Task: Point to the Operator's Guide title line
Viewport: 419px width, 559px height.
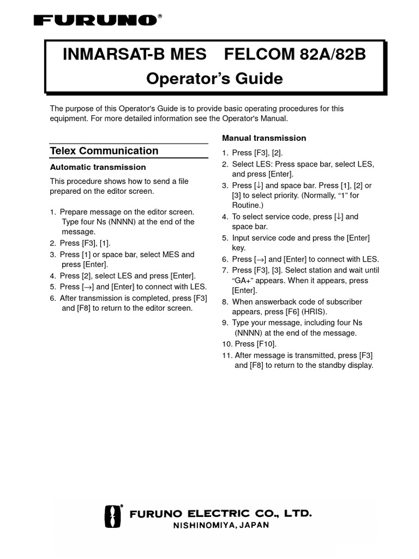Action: [x=214, y=79]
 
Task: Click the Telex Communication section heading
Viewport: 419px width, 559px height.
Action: [x=104, y=151]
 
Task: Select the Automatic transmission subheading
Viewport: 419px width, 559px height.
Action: [x=98, y=167]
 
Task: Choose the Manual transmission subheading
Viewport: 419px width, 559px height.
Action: [x=264, y=138]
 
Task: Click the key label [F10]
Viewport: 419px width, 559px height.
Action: [x=266, y=344]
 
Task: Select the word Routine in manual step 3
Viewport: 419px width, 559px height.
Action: [x=247, y=206]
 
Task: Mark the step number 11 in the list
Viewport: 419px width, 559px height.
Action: [x=226, y=355]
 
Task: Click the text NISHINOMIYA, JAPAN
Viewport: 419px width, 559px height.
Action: [x=220, y=526]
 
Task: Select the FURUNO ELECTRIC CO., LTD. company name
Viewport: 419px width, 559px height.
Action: [x=220, y=514]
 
